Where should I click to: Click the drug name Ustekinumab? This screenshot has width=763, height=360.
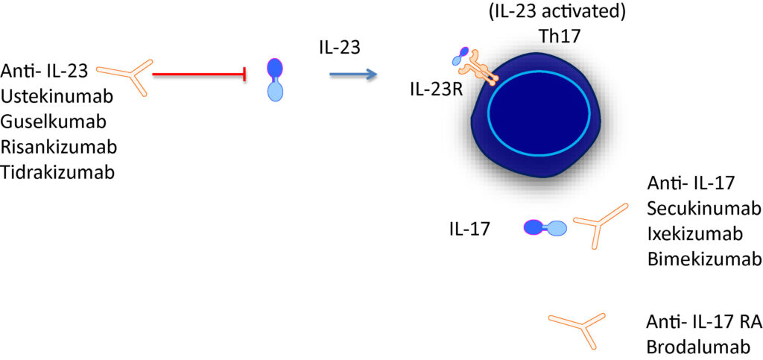[57, 97]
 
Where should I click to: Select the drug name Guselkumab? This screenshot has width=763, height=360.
[54, 121]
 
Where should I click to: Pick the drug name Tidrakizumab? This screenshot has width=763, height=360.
[58, 172]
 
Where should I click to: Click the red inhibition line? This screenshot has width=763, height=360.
[198, 75]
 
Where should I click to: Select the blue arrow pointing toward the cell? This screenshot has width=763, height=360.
[353, 75]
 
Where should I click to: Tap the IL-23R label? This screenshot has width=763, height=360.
[436, 90]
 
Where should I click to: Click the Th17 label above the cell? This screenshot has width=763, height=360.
[557, 37]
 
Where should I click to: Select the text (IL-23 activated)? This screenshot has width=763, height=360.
[557, 11]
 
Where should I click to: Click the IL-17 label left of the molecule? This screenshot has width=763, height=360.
[469, 229]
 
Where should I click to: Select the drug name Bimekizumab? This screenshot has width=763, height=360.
[704, 259]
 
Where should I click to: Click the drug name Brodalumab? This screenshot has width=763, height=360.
[697, 347]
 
